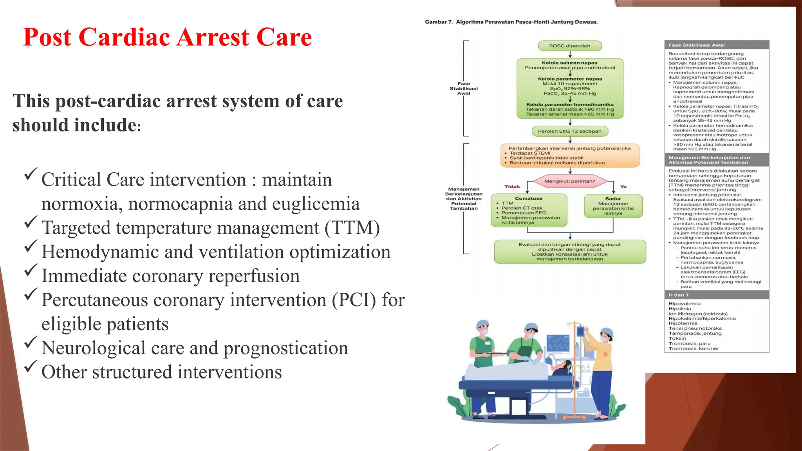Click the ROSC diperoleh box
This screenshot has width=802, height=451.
click(x=569, y=46)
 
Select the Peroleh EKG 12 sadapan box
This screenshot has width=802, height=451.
click(x=569, y=131)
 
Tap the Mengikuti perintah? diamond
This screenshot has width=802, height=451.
click(x=569, y=181)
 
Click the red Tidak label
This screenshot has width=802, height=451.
click(x=512, y=187)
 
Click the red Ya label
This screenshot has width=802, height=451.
click(x=623, y=187)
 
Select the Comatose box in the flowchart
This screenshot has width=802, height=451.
click(x=529, y=210)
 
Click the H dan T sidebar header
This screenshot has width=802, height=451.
click(x=717, y=295)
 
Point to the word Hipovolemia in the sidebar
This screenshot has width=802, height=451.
click(x=685, y=304)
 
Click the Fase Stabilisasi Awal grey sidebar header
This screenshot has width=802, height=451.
click(x=717, y=45)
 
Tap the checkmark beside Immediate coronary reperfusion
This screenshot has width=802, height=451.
click(x=31, y=271)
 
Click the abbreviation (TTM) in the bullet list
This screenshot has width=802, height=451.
click(x=352, y=228)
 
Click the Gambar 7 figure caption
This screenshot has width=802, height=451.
click(x=511, y=22)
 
